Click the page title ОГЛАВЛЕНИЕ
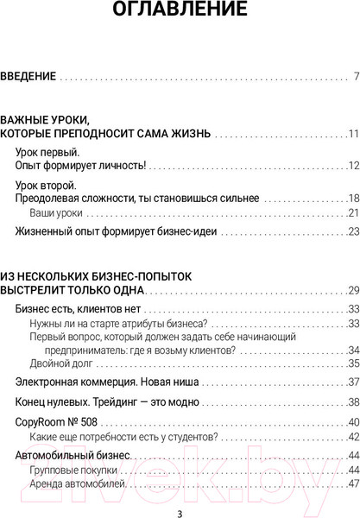pos(180,11)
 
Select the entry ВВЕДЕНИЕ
pos(28,77)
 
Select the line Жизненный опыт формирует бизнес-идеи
pos(116,231)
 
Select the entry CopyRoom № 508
pos(59,422)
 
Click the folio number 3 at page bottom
pos(179,511)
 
